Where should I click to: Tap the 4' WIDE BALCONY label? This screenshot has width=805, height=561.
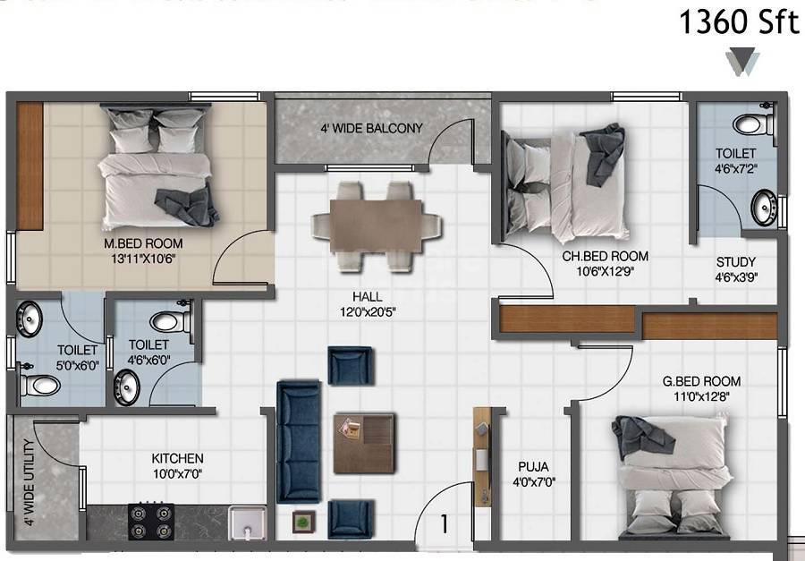371,128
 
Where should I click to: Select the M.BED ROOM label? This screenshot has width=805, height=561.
143,243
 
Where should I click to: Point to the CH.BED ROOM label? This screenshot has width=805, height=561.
605,256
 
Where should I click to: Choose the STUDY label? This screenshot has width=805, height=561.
735,262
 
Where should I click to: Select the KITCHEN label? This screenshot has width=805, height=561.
177,458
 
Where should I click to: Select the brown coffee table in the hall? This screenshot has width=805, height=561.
364,442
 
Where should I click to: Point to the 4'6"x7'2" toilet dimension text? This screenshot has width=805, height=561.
735,167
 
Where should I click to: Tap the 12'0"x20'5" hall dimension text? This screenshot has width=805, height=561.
367,312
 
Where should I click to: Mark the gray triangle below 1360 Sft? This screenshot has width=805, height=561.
743,61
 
